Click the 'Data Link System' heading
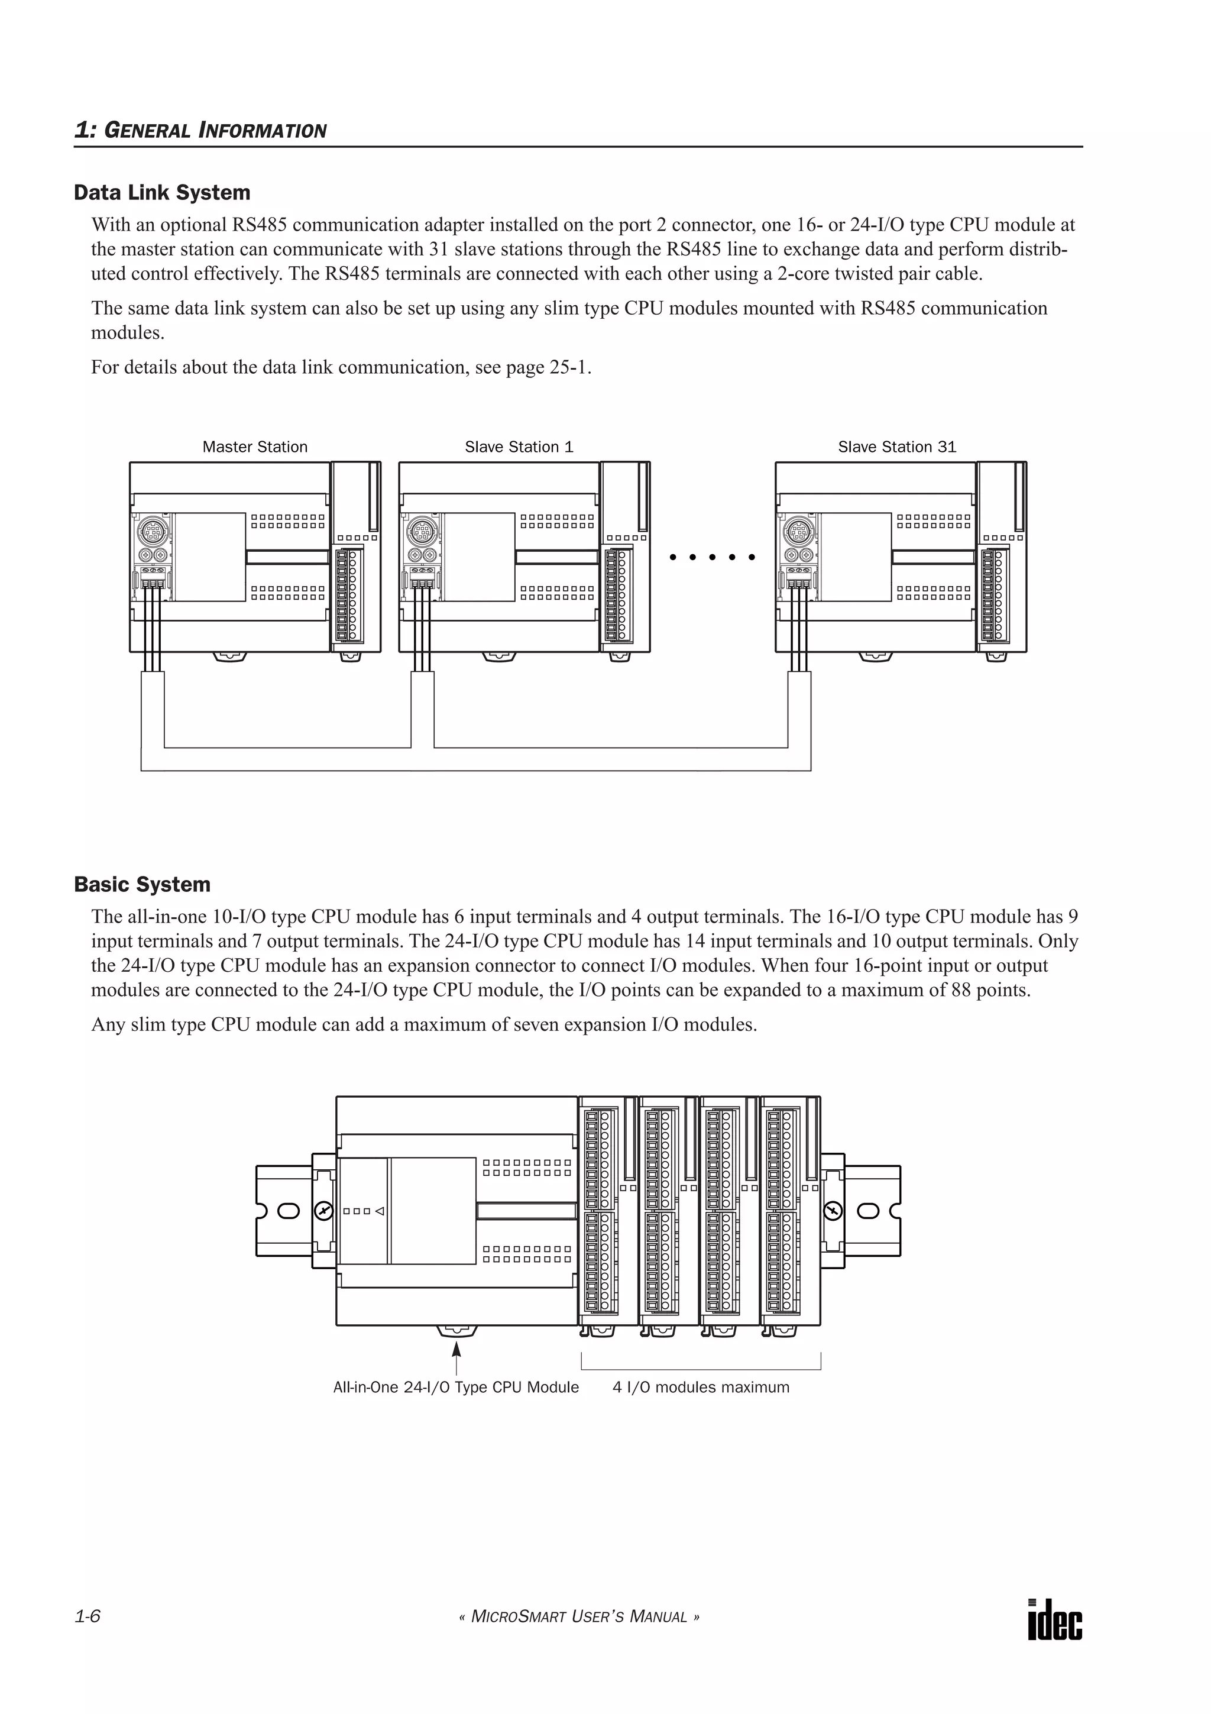tap(162, 193)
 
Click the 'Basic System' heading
tap(142, 885)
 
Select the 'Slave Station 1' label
tap(519, 447)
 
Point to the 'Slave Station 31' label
tap(896, 447)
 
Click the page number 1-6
tap(88, 1617)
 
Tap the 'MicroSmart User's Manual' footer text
tap(579, 1618)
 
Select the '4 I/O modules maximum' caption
tap(701, 1388)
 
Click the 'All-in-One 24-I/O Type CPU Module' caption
tap(455, 1388)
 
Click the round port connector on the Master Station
tap(153, 533)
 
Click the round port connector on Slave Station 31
tap(798, 533)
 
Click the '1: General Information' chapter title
tap(200, 131)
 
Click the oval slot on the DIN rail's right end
tap(869, 1211)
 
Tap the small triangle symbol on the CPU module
tap(379, 1211)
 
